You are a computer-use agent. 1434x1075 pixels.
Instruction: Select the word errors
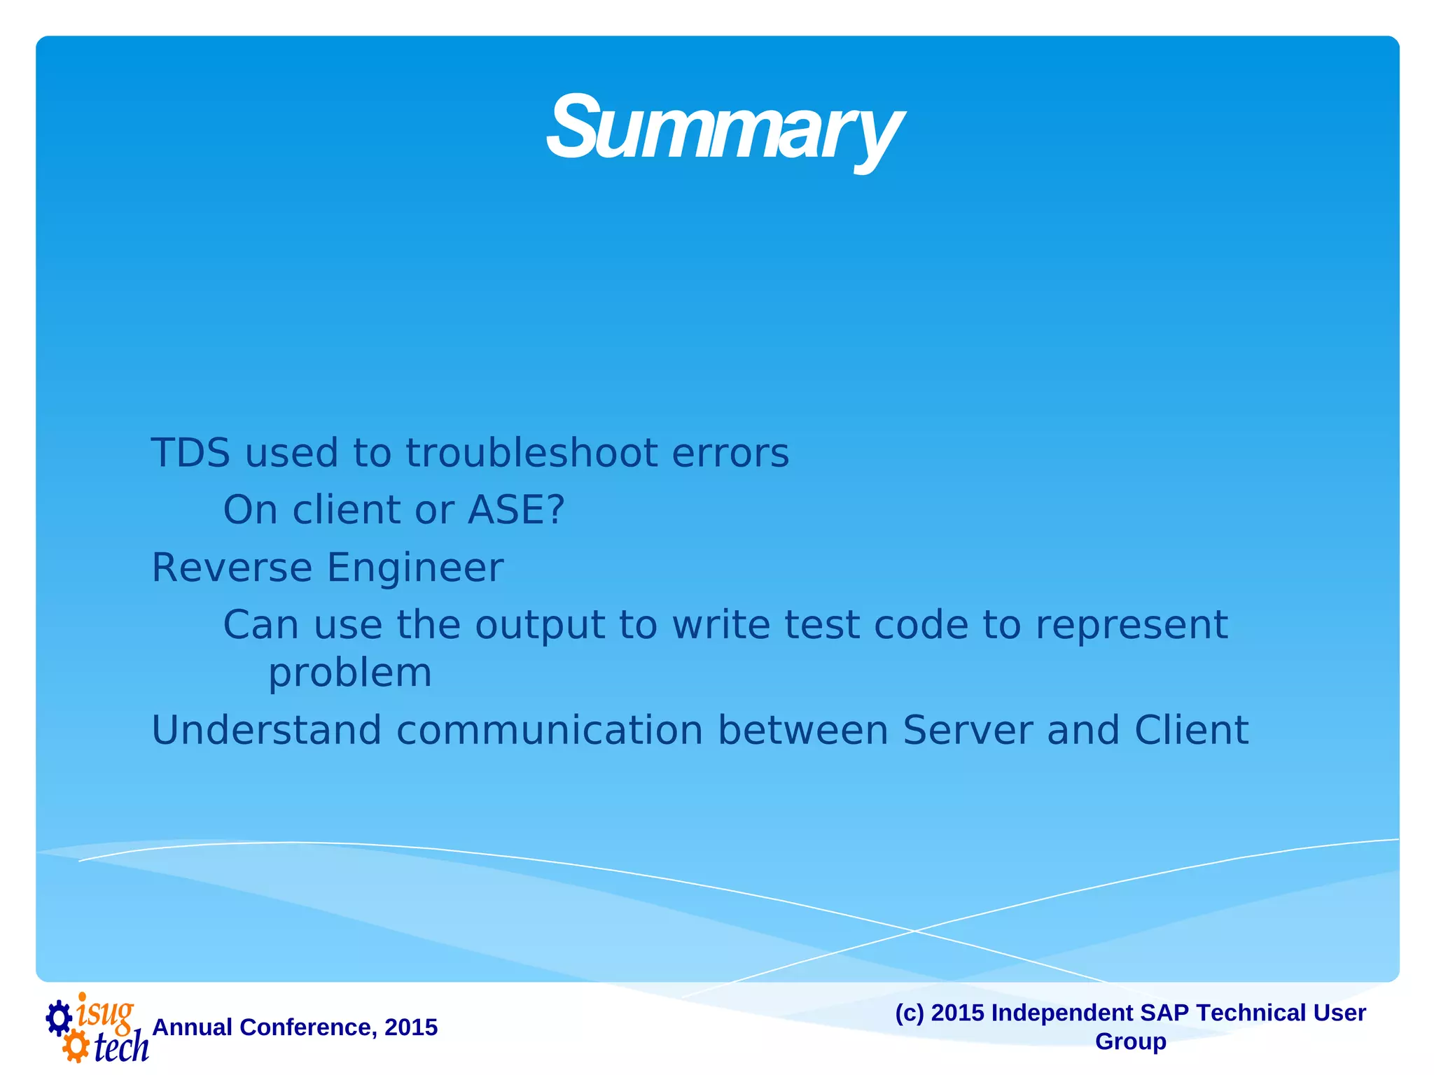pos(730,453)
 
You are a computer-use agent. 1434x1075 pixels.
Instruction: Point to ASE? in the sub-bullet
pos(516,510)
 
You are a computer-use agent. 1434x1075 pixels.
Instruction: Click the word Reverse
pos(232,568)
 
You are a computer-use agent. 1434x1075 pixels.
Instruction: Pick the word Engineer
pos(415,568)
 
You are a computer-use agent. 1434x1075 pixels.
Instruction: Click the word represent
pos(1131,625)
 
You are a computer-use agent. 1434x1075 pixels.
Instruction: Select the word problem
pos(350,674)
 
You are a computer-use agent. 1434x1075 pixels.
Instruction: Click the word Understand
pos(266,731)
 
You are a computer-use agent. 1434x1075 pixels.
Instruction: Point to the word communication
pos(550,731)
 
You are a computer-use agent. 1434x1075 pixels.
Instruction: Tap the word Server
pos(967,731)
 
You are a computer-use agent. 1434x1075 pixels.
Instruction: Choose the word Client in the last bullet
pos(1191,731)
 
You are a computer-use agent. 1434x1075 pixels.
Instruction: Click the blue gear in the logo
pos(59,1018)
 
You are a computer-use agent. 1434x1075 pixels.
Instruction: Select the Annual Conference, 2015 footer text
pos(295,1027)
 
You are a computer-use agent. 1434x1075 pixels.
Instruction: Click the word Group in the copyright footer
pos(1130,1041)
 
